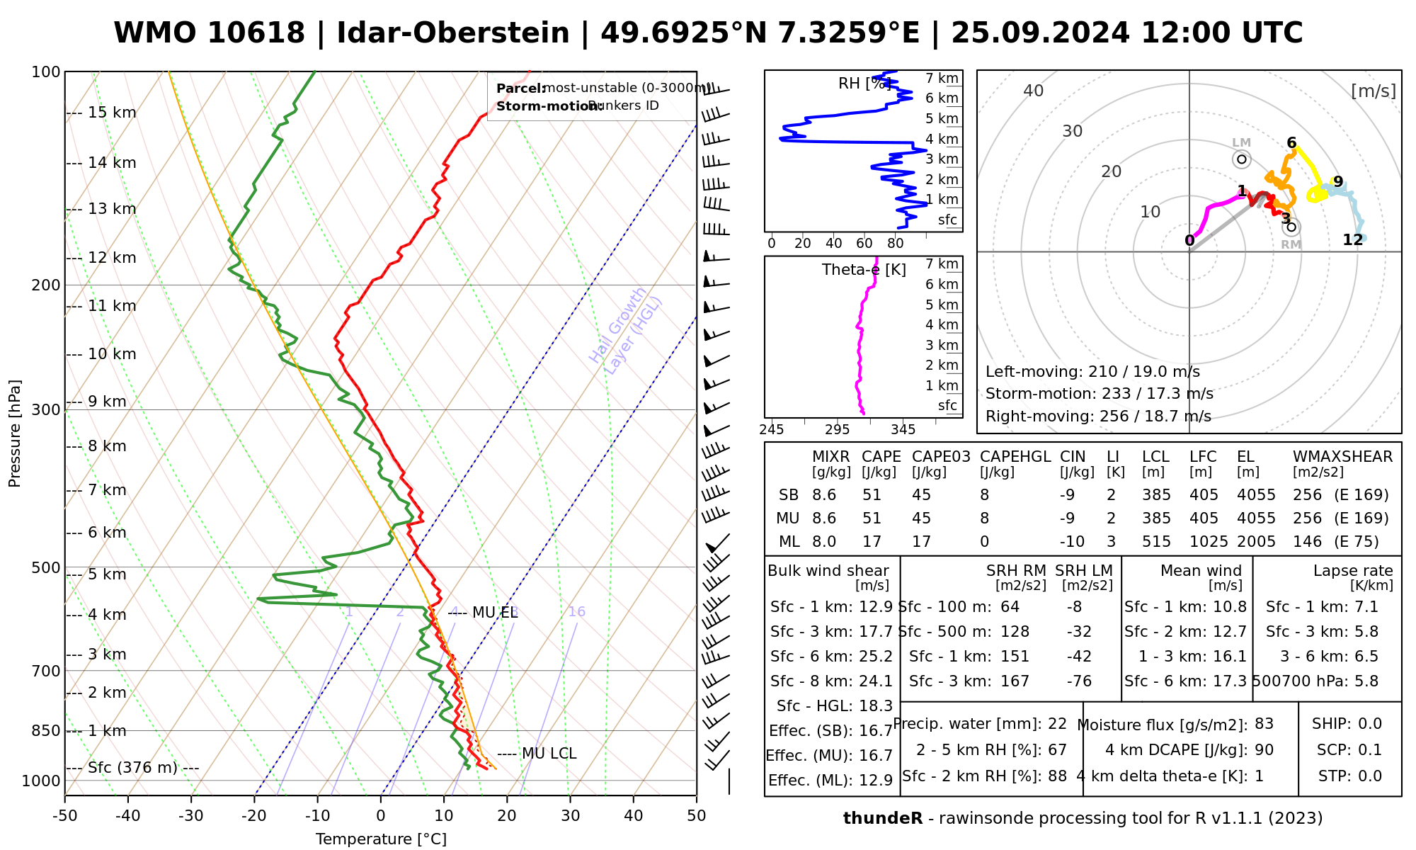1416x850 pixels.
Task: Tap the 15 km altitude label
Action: click(112, 113)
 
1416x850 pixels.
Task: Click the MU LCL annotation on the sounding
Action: click(549, 754)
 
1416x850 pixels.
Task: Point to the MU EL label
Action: click(495, 613)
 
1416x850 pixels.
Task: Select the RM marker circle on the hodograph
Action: click(1291, 227)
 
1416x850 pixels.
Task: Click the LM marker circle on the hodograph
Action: click(1242, 159)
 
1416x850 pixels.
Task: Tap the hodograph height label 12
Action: click(1352, 239)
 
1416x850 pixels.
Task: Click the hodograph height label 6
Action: click(1291, 142)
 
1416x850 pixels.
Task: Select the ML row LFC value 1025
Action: click(1209, 542)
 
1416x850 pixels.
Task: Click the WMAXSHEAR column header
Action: click(1342, 457)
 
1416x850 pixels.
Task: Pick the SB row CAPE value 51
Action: click(872, 495)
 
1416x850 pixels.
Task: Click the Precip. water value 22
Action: click(1057, 724)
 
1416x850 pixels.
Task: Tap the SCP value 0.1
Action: click(1369, 750)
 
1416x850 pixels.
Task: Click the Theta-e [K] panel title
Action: click(864, 270)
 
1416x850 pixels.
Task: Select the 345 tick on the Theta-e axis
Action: click(903, 430)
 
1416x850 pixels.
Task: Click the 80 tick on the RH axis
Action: click(896, 244)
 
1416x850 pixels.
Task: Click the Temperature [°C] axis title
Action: click(381, 839)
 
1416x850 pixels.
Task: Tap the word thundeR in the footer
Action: click(882, 819)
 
